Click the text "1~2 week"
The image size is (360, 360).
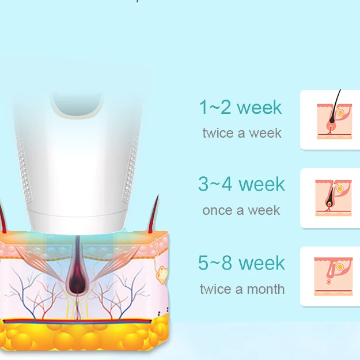pyautogui.click(x=240, y=107)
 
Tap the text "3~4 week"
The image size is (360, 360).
pyautogui.click(x=241, y=184)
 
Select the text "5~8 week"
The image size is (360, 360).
pyautogui.click(x=241, y=263)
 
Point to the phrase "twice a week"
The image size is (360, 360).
pyautogui.click(x=242, y=133)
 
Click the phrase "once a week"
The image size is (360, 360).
pyautogui.click(x=241, y=211)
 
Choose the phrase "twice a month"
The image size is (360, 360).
pyautogui.click(x=242, y=289)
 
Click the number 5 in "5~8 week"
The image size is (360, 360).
pyautogui.click(x=204, y=263)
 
